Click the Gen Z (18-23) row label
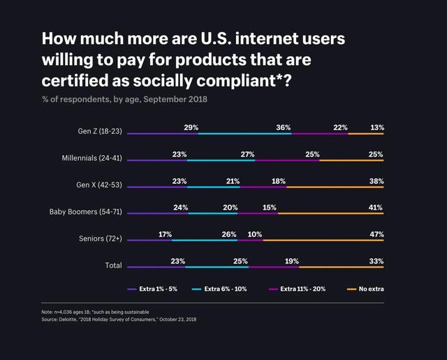[100, 131]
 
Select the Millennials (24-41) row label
[92, 158]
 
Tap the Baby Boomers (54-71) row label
[86, 211]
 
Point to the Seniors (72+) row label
[101, 238]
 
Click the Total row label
[113, 266]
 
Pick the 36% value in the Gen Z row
[284, 127]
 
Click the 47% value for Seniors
[376, 234]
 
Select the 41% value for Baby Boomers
[376, 208]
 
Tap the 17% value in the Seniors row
[166, 234]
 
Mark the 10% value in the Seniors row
[255, 234]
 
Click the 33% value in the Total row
[376, 261]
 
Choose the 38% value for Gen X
[376, 181]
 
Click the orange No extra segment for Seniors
[323, 240]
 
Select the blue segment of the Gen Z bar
[244, 134]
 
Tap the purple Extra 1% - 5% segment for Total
[156, 267]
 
